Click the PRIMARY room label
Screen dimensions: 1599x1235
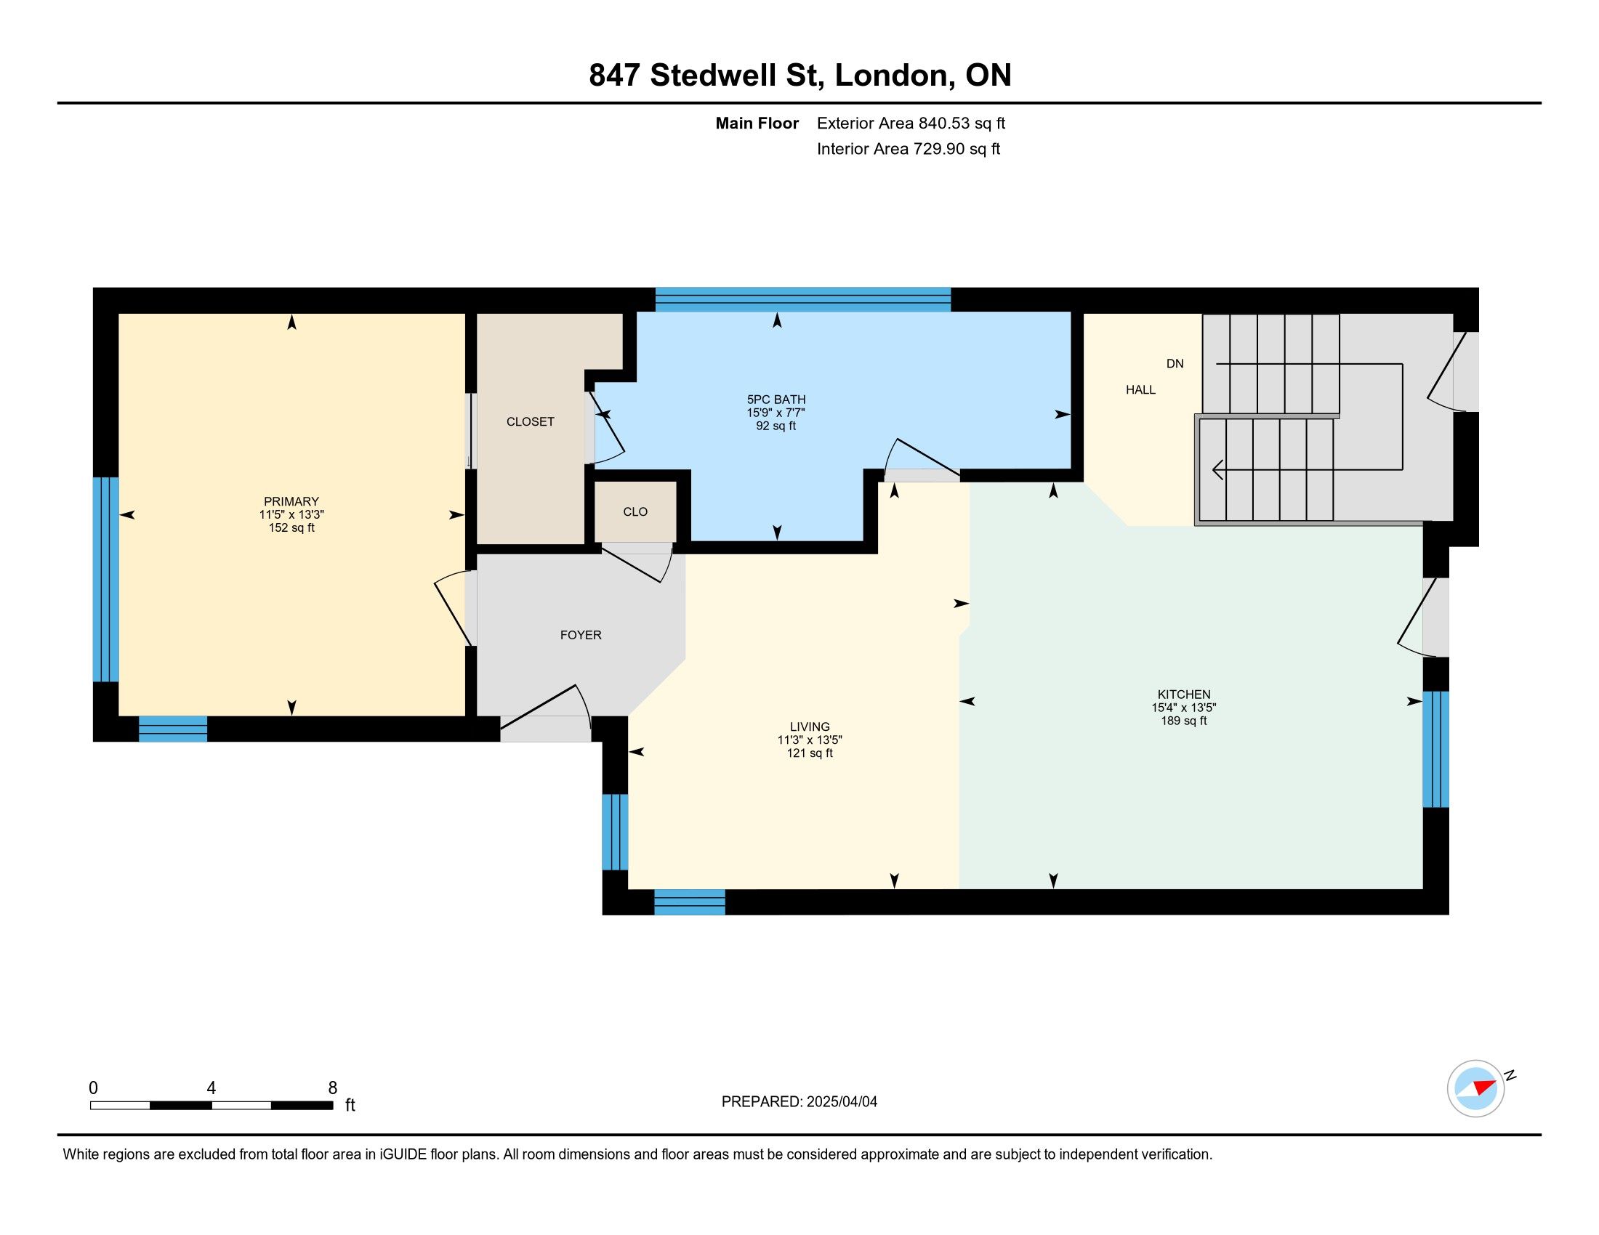click(x=291, y=501)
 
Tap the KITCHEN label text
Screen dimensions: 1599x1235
click(x=1184, y=695)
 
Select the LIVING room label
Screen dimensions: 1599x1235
click(x=810, y=726)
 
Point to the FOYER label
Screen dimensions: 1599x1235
click(x=581, y=635)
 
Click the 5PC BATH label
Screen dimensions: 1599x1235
click(x=776, y=400)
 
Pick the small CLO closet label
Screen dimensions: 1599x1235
click(x=635, y=512)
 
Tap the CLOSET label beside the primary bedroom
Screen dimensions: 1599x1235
click(x=531, y=421)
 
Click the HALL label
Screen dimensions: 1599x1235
click(x=1140, y=390)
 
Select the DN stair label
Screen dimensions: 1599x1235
click(x=1175, y=364)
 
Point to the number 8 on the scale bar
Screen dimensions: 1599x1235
click(x=332, y=1088)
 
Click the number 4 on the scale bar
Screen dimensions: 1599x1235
click(x=212, y=1088)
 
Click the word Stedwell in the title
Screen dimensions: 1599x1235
click(x=714, y=76)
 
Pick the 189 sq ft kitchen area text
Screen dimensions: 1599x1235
click(x=1184, y=721)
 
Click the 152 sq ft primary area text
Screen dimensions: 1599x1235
click(x=291, y=527)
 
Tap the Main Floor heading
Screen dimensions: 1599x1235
click(x=757, y=123)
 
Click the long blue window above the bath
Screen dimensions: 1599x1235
click(x=803, y=300)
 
